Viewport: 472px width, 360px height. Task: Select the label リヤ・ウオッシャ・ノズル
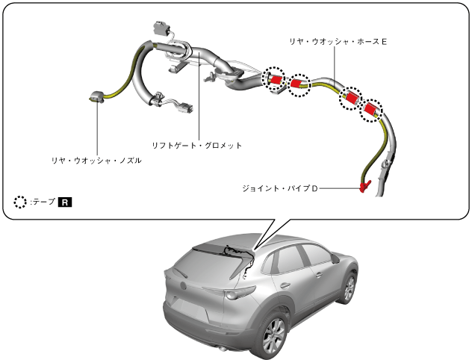click(96, 160)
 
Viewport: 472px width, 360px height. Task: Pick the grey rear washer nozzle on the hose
click(96, 96)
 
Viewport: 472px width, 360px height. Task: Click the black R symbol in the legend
click(66, 202)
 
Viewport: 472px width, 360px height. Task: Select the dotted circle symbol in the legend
click(21, 202)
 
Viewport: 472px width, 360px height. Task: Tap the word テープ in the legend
click(42, 202)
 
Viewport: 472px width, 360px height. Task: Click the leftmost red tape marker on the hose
click(275, 78)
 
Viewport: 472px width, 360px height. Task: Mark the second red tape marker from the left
click(299, 84)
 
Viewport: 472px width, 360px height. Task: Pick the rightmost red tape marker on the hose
click(370, 111)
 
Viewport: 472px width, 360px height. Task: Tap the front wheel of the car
click(348, 287)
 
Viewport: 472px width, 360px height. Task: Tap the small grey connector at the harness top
click(161, 28)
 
